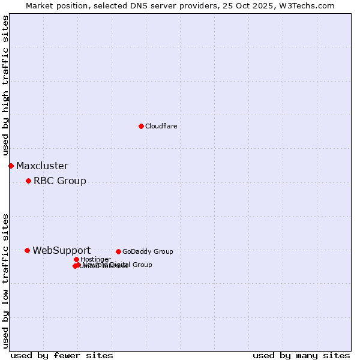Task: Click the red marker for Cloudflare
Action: tap(141, 126)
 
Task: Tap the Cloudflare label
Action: tap(161, 126)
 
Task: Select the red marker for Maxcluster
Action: tap(11, 166)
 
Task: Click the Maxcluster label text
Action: tap(42, 166)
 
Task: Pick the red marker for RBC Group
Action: tap(28, 181)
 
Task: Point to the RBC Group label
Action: tap(59, 181)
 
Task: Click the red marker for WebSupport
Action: tap(28, 250)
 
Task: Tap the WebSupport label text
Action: tap(61, 250)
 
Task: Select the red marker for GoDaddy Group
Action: tap(118, 251)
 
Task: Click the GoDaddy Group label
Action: tap(147, 251)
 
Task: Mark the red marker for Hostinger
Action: tap(76, 259)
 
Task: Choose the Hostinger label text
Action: tap(95, 259)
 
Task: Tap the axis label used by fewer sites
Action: tap(62, 355)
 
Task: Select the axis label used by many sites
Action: tap(301, 355)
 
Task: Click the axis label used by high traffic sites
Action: tap(5, 86)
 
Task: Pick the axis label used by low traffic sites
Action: tap(5, 281)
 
